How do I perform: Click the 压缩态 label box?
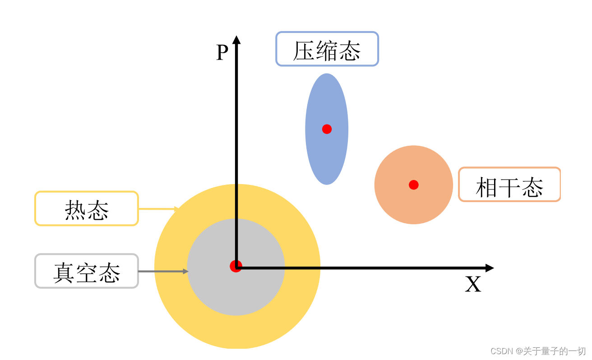327,49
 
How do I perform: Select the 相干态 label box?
509,185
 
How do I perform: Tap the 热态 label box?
87,208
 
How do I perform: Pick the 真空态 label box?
87,271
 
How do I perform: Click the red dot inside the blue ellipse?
327,129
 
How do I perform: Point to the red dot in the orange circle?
414,185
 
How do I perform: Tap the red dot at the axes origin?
236,266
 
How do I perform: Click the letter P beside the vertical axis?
222,53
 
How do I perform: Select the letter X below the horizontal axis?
473,285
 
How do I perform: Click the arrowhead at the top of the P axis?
236,39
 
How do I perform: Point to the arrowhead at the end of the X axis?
490,268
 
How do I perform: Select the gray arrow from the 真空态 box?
163,271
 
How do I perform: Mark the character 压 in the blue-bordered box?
304,51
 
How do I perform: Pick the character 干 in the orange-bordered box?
509,187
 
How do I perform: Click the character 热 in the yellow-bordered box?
75,210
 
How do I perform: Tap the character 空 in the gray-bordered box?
87,273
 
